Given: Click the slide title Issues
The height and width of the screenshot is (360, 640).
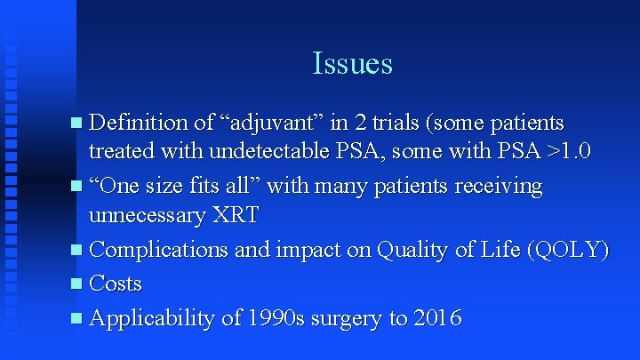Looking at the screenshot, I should pos(352,63).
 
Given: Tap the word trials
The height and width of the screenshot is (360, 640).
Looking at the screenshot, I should pos(405,121).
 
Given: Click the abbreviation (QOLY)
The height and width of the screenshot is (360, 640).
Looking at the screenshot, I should pos(567,251).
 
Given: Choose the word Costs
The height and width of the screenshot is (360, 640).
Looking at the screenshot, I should pos(116,284).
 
